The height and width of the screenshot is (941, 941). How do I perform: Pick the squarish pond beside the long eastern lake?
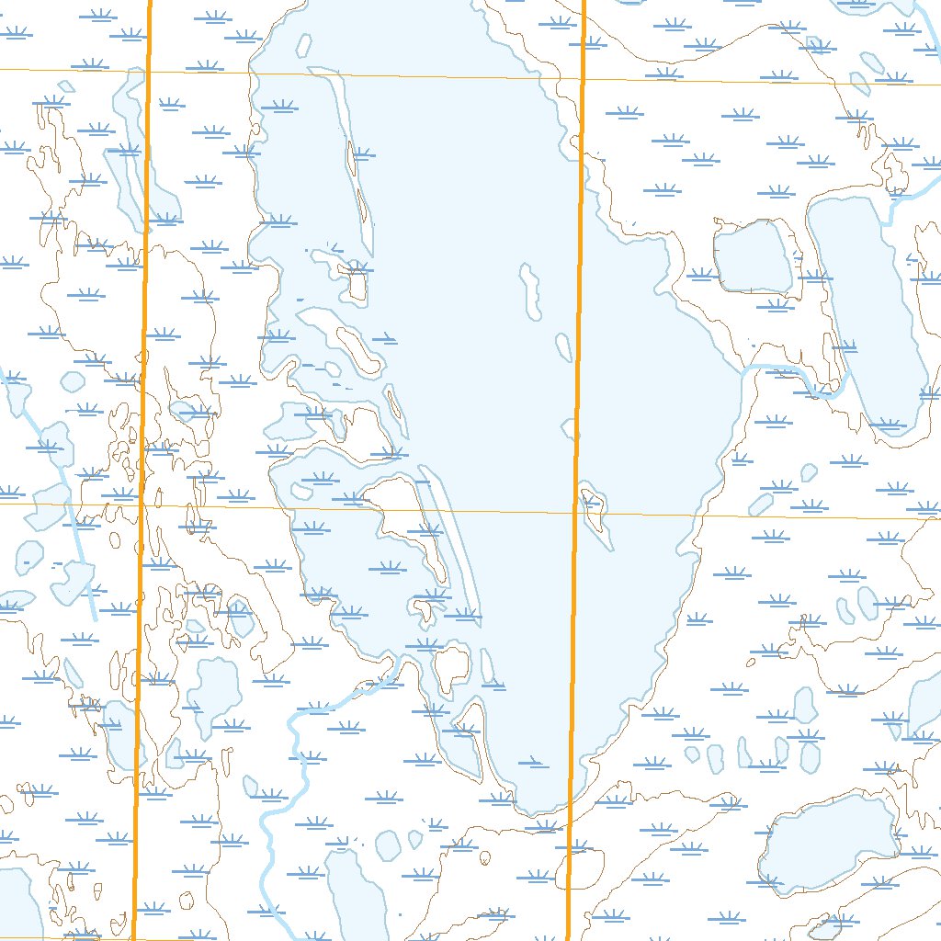752,257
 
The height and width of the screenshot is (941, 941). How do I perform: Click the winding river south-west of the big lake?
285,781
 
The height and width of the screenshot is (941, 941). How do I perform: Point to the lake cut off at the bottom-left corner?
17,905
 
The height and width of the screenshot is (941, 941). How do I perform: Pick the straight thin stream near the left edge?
78,551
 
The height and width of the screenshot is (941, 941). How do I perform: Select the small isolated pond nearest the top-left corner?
64,88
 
